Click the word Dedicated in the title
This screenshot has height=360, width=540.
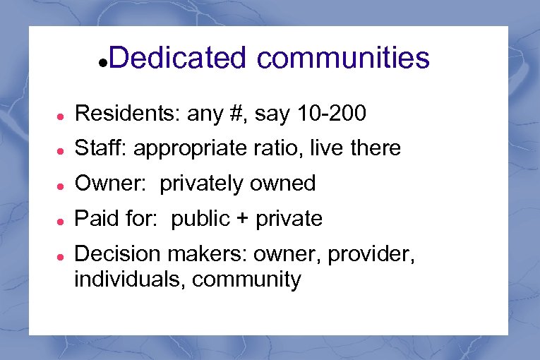click(x=177, y=58)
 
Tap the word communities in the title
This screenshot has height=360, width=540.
click(x=343, y=58)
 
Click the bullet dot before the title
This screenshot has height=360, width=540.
click(x=103, y=63)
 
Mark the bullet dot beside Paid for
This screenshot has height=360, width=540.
click(x=62, y=220)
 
